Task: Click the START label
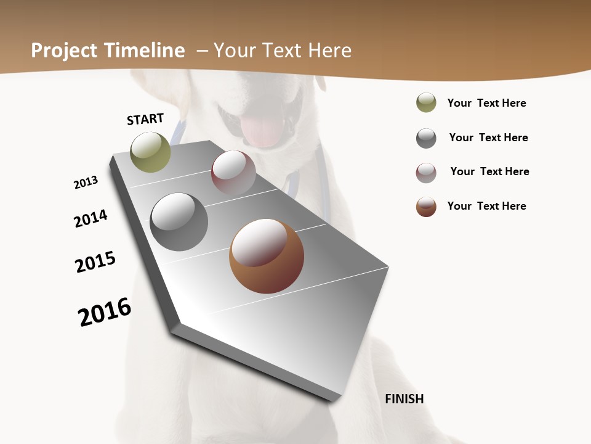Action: (x=145, y=119)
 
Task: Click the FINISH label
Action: (x=404, y=399)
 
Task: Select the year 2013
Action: (x=86, y=182)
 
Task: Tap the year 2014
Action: (x=90, y=218)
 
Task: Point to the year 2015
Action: (x=95, y=262)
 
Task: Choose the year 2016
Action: (x=105, y=312)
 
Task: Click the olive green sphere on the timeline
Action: (x=150, y=152)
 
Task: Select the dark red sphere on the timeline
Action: (x=233, y=173)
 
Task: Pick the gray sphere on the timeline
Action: (x=179, y=222)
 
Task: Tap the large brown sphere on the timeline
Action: (x=267, y=256)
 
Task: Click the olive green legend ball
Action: (x=426, y=102)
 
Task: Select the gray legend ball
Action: (x=426, y=138)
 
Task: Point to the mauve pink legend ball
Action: (x=426, y=173)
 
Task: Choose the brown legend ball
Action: (x=426, y=207)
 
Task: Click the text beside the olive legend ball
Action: (x=486, y=103)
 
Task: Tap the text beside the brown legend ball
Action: (x=486, y=206)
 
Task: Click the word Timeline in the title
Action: (x=145, y=51)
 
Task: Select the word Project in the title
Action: (x=63, y=51)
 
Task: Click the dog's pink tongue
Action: (x=262, y=131)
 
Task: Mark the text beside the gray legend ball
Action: (x=488, y=138)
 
